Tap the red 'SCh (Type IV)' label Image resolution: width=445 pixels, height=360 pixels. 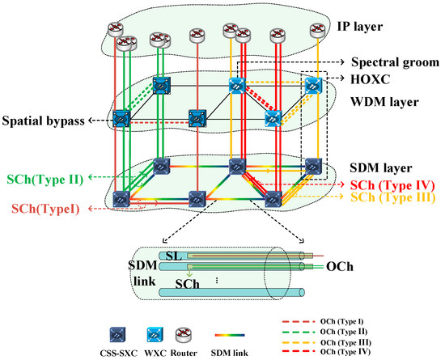click(395, 185)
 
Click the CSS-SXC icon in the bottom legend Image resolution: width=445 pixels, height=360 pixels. click(118, 333)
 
